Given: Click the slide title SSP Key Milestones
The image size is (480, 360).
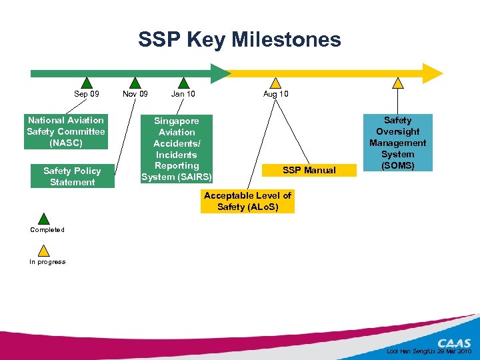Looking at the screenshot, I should coord(239,40).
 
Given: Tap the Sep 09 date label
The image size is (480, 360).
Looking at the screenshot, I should coord(87,94).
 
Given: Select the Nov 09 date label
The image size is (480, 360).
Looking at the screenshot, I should coord(135,94).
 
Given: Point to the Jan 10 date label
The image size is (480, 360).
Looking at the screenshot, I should coord(183,94).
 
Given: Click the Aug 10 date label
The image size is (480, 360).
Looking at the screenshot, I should coord(275,94).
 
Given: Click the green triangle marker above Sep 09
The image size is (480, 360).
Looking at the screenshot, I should coord(87,83).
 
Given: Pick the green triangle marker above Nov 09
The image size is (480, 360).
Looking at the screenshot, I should coord(135,83).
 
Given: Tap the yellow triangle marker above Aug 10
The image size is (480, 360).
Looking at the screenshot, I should coord(275,83).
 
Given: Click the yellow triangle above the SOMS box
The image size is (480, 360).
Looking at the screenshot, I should coord(398,83).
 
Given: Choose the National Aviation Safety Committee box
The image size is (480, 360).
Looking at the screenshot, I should coord(66,131).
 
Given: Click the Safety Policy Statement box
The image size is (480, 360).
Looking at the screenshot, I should coord(72,176).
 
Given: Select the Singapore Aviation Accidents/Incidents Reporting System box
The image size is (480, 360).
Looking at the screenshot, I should coord(177,149).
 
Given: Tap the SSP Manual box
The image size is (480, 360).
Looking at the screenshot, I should coord(309,171).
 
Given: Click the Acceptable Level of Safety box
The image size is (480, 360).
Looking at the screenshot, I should coord(247,201).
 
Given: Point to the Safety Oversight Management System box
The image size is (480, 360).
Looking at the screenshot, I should coord(398,143).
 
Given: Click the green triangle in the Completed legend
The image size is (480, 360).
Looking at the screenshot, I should coord(44,219).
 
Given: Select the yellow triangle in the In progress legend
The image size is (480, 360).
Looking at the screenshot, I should coord(44,251).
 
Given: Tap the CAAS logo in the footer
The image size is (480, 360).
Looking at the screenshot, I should coord(454,343).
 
